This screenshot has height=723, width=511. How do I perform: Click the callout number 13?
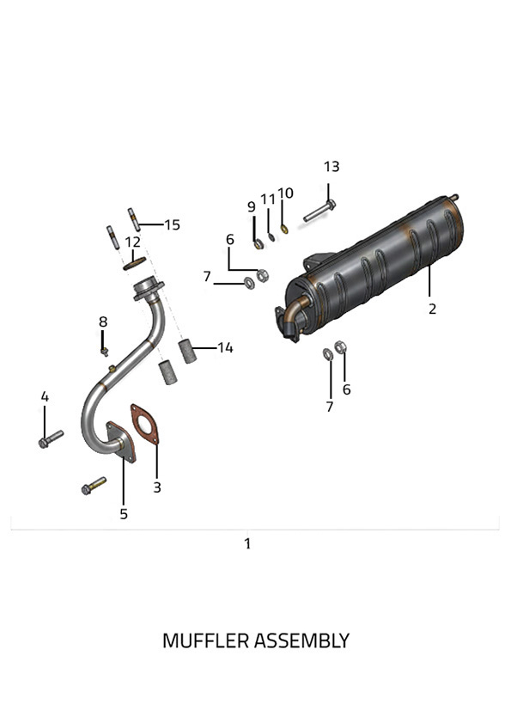(x=332, y=167)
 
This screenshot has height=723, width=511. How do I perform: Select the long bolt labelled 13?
(x=319, y=211)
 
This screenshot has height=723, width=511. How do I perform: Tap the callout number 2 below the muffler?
(x=432, y=309)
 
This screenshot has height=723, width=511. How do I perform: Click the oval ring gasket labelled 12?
(x=135, y=263)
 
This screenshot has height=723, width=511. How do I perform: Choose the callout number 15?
(x=173, y=225)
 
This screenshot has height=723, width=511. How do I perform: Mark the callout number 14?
(x=225, y=347)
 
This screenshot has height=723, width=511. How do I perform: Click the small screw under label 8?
(x=105, y=352)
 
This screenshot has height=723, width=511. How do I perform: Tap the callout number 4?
(x=45, y=396)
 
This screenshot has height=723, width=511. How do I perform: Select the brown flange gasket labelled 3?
(x=144, y=424)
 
